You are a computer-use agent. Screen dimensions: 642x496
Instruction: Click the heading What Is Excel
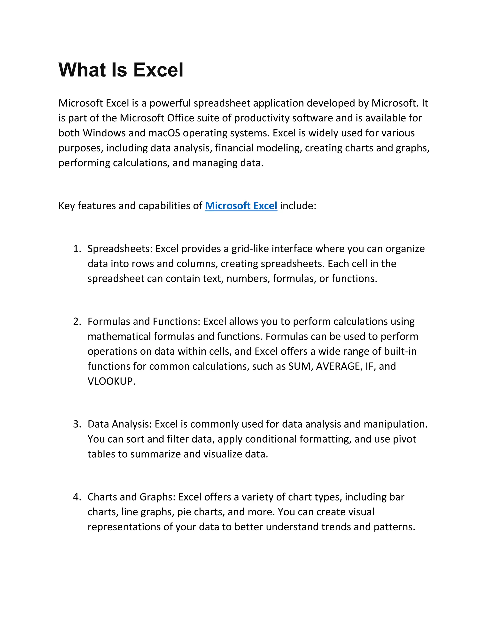(121, 70)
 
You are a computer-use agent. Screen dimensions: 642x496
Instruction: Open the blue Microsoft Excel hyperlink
(241, 206)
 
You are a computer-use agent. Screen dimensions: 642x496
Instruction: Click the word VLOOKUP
(111, 381)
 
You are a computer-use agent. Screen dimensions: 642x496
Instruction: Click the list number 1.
(77, 249)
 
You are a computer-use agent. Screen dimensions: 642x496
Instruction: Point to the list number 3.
(77, 424)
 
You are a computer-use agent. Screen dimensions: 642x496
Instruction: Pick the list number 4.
(77, 497)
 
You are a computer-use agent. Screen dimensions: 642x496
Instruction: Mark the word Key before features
(67, 206)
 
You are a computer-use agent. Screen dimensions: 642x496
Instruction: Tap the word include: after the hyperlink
(298, 206)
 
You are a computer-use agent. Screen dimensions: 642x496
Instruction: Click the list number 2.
(77, 321)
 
